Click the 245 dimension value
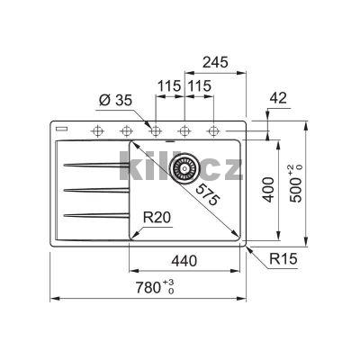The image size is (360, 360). [215, 62]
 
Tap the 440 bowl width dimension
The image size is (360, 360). [184, 261]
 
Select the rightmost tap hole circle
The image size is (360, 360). [214, 131]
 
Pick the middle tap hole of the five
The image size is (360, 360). [154, 131]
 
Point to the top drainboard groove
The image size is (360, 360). [90, 165]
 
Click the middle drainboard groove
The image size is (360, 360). [90, 189]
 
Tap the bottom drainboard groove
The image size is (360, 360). [90, 213]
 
